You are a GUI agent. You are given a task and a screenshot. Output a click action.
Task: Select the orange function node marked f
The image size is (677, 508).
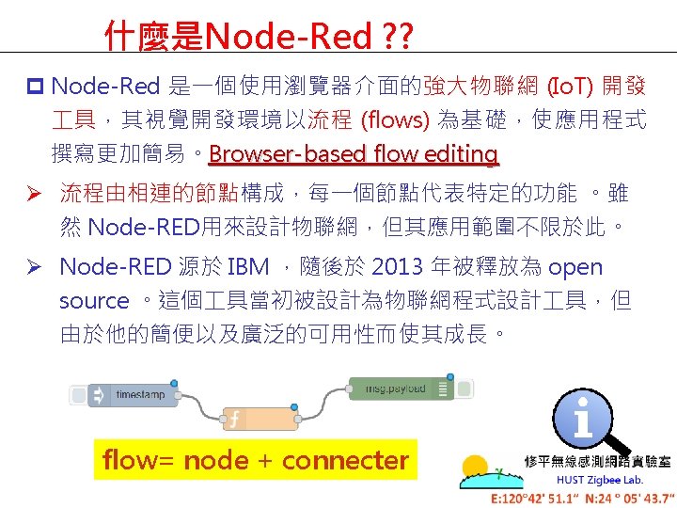tap(259, 418)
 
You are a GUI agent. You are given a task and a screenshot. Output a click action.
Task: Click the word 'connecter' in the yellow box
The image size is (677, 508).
tap(345, 460)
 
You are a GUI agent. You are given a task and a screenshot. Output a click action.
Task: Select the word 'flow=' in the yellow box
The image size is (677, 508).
tap(139, 460)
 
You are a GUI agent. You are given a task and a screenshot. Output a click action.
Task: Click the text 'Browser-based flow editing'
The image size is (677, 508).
tap(354, 153)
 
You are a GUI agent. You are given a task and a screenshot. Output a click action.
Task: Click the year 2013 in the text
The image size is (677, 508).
tap(399, 267)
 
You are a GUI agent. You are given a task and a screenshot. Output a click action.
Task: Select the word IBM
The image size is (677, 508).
tap(248, 267)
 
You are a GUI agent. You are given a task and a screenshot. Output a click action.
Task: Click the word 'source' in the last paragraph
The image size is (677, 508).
tap(94, 301)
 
